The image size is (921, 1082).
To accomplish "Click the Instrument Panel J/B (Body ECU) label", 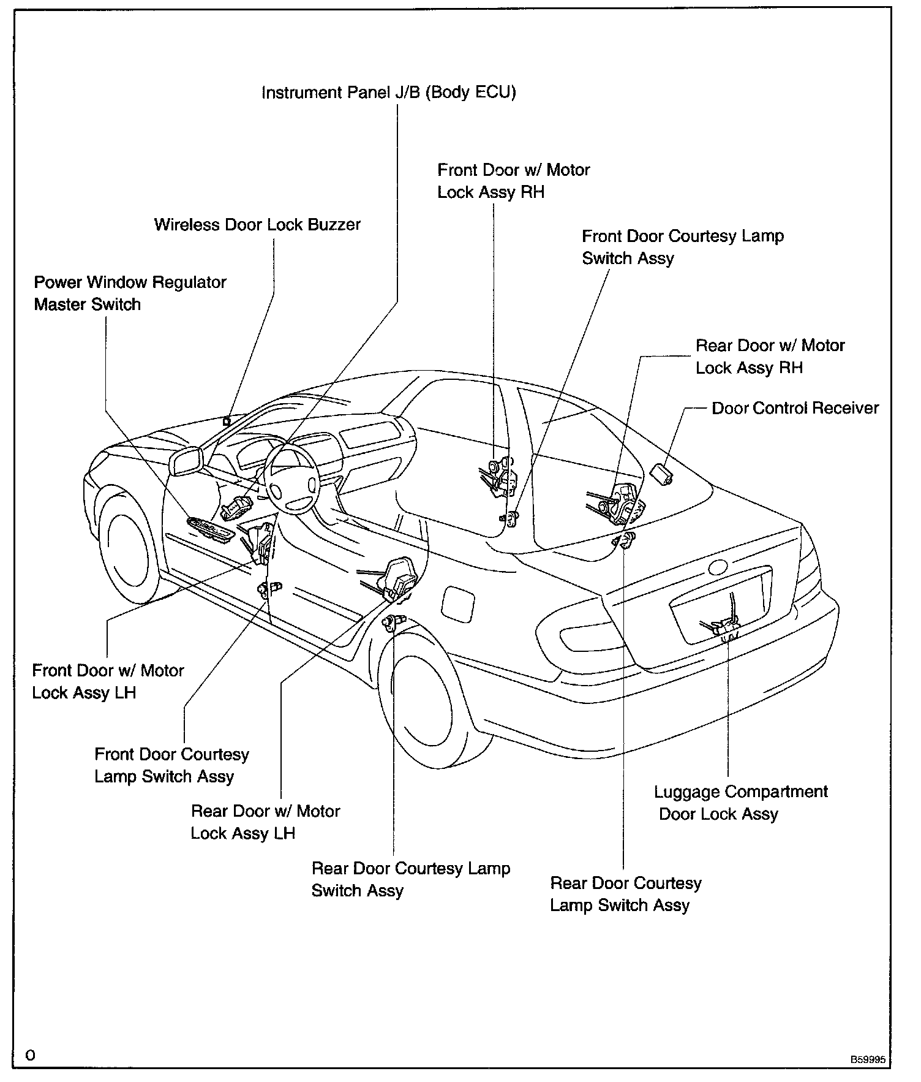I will pos(389,93).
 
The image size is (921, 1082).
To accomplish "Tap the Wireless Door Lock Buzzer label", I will pos(257,225).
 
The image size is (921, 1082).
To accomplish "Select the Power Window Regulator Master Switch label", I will pos(130,293).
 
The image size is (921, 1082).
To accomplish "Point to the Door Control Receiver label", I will pos(795,408).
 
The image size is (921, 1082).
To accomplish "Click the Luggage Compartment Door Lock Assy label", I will pos(740,803).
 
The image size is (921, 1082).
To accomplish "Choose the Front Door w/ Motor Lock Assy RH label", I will pos(513,181).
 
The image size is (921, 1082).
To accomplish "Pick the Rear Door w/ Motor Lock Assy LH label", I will pos(265,822).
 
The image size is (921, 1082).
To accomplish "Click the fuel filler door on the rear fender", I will pos(457,603).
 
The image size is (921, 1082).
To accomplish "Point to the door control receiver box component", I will pos(662,474).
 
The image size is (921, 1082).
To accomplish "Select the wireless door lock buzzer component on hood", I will pos(227,422).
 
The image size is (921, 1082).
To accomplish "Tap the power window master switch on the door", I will pos(210,529).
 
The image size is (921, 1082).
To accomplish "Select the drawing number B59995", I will pos(866,1059).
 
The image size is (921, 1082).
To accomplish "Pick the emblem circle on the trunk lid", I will pos(717,567).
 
